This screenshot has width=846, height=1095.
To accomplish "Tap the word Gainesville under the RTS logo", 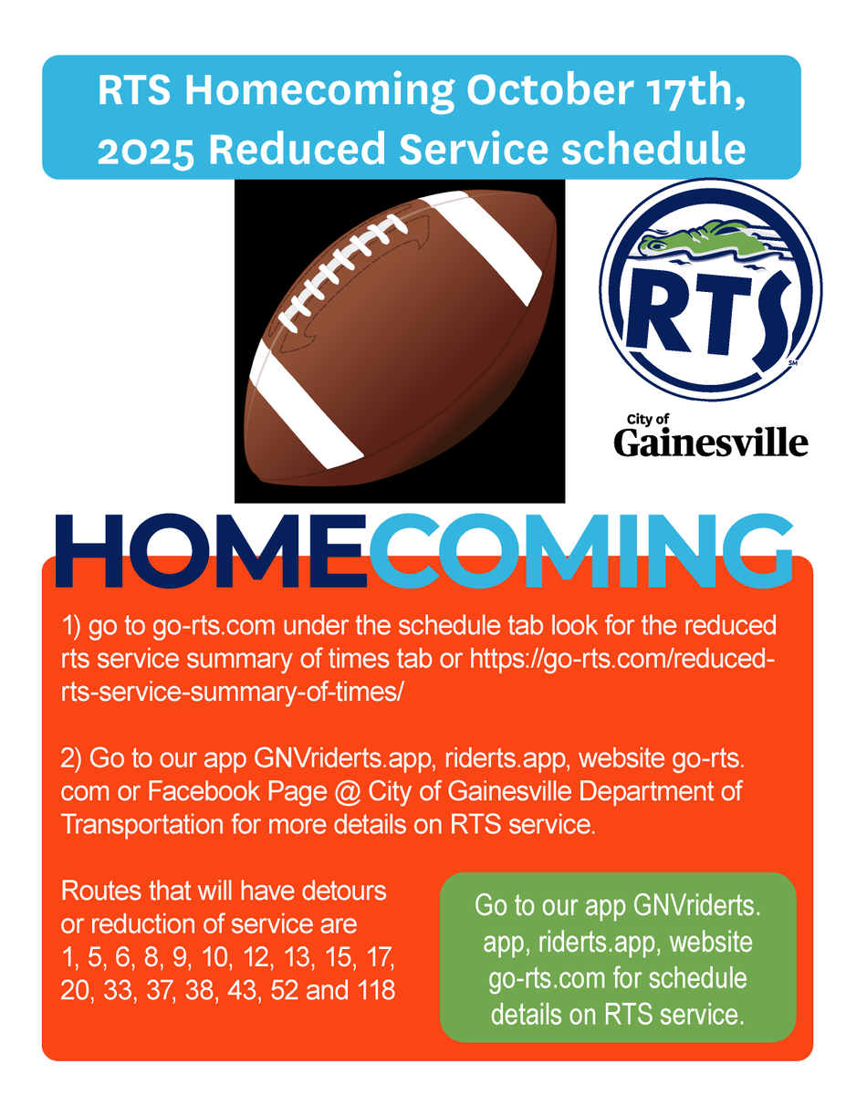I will [710, 443].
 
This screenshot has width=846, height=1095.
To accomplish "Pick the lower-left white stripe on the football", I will [306, 414].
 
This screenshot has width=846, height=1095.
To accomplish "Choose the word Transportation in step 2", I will [141, 824].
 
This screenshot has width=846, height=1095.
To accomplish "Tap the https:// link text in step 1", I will [507, 659].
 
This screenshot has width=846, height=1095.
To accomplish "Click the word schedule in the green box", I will [702, 979].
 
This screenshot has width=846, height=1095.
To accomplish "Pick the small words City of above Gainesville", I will [647, 419].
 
